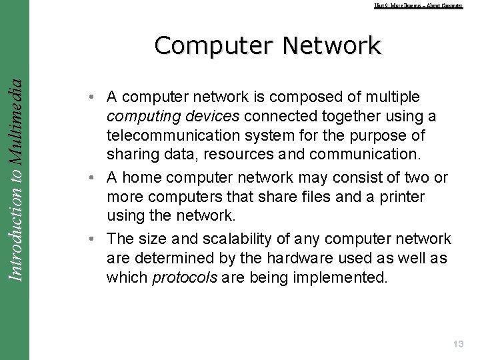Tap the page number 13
(x=458, y=344)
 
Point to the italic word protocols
(x=184, y=277)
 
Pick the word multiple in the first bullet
(x=395, y=97)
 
